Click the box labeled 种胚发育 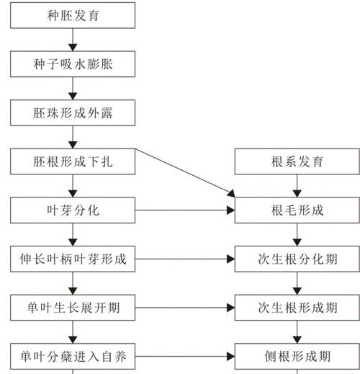[x=73, y=15]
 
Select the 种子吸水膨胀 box [x=73, y=64]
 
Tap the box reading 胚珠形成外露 [x=73, y=113]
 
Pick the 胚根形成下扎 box [x=73, y=161]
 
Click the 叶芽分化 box [x=73, y=210]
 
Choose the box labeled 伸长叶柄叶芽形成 [x=73, y=259]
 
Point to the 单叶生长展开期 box [x=73, y=308]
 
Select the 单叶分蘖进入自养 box [x=73, y=356]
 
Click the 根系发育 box [x=297, y=161]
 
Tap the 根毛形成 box [x=297, y=210]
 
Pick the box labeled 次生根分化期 [x=297, y=259]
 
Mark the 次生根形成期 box [x=297, y=308]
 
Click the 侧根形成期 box [x=297, y=356]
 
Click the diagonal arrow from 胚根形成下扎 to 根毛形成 [x=185, y=173]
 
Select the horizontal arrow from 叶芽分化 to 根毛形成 [x=185, y=210]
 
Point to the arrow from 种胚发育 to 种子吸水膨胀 [x=73, y=40]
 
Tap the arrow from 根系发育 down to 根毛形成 [x=297, y=186]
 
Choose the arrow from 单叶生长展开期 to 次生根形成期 [x=185, y=308]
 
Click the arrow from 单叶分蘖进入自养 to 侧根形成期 [x=185, y=357]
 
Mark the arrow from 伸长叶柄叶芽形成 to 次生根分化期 [x=185, y=259]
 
